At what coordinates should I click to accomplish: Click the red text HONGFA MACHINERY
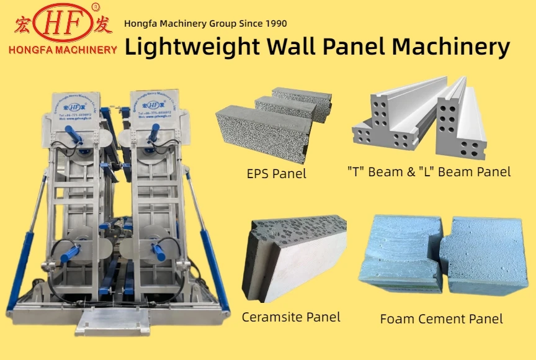click(x=63, y=49)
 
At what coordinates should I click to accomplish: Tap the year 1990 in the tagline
click(x=274, y=24)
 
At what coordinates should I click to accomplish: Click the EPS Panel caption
click(x=276, y=173)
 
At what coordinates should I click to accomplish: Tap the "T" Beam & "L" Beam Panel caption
click(x=429, y=171)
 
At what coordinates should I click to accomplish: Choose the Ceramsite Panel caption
click(x=291, y=317)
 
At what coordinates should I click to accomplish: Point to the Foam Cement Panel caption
click(x=441, y=319)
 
